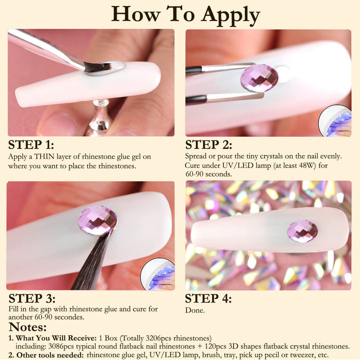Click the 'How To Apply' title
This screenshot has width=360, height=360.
[185, 14]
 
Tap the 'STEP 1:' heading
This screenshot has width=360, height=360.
[31, 144]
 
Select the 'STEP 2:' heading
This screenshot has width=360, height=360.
[208, 144]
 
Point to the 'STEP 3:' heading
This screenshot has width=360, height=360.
[31, 298]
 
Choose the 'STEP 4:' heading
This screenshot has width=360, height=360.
[208, 298]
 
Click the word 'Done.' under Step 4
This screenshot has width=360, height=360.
[195, 310]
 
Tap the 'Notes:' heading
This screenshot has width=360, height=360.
[27, 326]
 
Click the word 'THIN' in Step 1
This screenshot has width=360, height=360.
[44, 156]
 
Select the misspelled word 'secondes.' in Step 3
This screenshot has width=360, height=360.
[68, 317]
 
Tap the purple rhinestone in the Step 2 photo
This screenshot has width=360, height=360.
[259, 78]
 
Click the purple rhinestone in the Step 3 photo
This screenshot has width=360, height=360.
[97, 220]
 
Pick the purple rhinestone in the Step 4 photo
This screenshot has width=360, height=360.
[302, 231]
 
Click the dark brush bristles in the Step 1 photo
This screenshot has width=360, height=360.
[98, 67]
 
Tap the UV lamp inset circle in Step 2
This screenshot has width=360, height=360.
[335, 121]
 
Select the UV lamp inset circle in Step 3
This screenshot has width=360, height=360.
[158, 273]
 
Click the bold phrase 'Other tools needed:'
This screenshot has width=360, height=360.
[50, 355]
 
